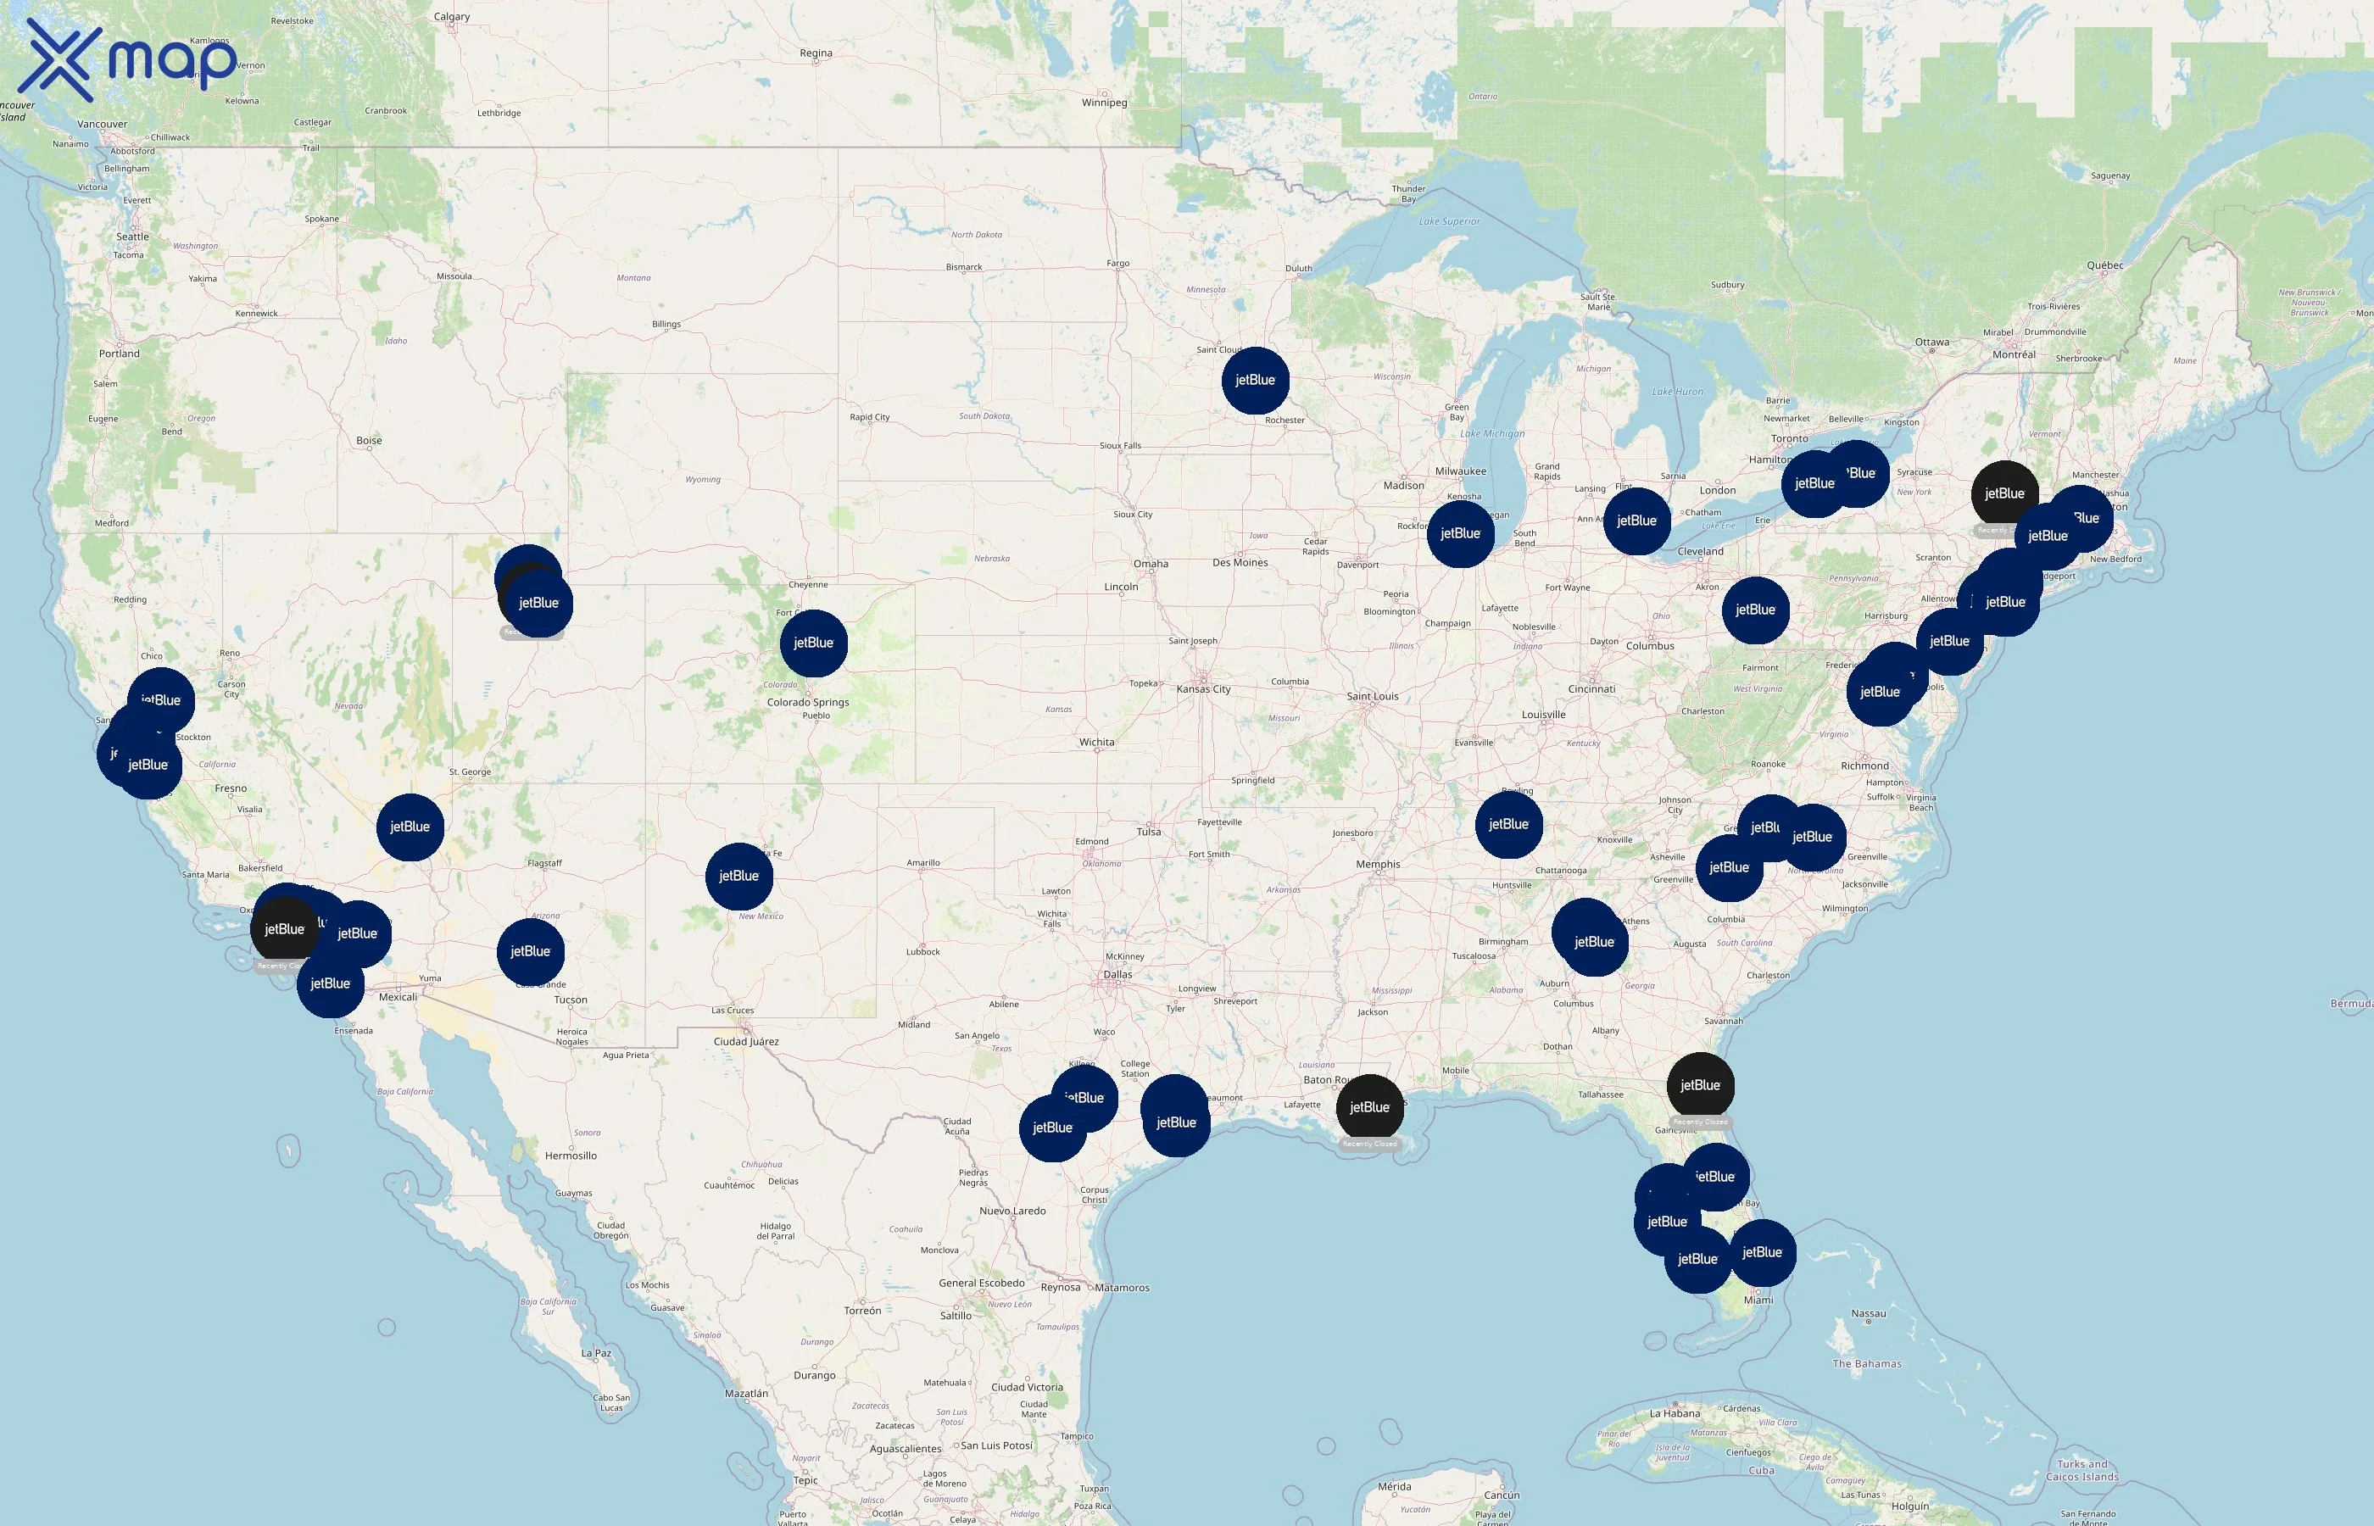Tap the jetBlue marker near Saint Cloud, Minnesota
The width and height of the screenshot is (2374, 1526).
(x=1256, y=381)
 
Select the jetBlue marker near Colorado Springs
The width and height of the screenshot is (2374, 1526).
(x=813, y=643)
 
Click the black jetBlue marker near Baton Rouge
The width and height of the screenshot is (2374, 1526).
(x=1369, y=1108)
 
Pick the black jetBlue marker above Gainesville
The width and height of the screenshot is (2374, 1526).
(x=1700, y=1086)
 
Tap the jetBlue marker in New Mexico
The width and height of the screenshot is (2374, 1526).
(x=739, y=876)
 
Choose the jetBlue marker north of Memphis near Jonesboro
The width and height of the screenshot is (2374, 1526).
(x=1508, y=824)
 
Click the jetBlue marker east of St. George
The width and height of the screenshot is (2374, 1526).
(x=410, y=827)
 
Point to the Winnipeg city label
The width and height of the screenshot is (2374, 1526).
(x=1105, y=102)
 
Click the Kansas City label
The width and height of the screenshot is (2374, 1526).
(x=1203, y=688)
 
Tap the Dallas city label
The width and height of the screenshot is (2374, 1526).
(x=1117, y=974)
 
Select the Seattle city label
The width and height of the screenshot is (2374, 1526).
(x=133, y=237)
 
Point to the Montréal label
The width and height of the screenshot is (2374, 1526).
(x=2014, y=354)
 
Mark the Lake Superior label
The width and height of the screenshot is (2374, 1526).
(x=1449, y=222)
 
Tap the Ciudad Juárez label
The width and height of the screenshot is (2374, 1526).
(x=746, y=1041)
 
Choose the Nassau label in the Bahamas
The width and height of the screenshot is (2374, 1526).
(x=1868, y=1314)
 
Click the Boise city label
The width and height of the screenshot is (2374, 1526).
(x=369, y=440)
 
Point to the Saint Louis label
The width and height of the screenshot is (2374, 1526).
(x=1373, y=697)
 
